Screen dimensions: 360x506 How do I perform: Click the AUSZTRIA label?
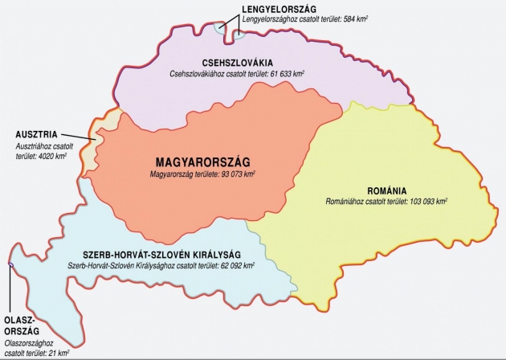[35, 134]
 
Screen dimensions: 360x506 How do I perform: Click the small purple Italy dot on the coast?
[10, 265]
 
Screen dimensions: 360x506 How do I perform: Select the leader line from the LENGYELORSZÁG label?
[235, 18]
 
